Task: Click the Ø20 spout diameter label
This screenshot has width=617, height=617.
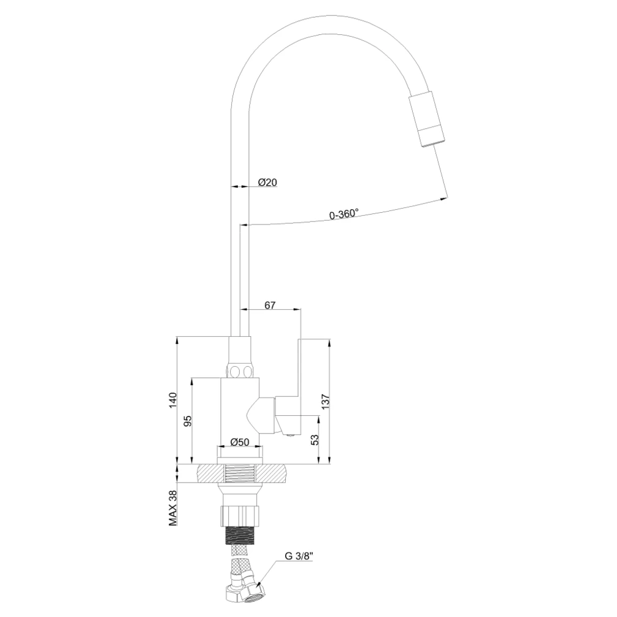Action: [267, 182]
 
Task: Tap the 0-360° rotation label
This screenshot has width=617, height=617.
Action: [344, 213]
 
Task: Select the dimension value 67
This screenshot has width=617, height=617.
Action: [270, 305]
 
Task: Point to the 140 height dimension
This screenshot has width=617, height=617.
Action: [173, 400]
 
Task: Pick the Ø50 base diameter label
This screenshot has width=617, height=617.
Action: [240, 442]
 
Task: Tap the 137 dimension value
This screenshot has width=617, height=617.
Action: [326, 401]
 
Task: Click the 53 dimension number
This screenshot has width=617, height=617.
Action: [315, 440]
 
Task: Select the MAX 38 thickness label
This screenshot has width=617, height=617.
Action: [173, 508]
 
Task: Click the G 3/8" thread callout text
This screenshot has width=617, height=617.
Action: [299, 557]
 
